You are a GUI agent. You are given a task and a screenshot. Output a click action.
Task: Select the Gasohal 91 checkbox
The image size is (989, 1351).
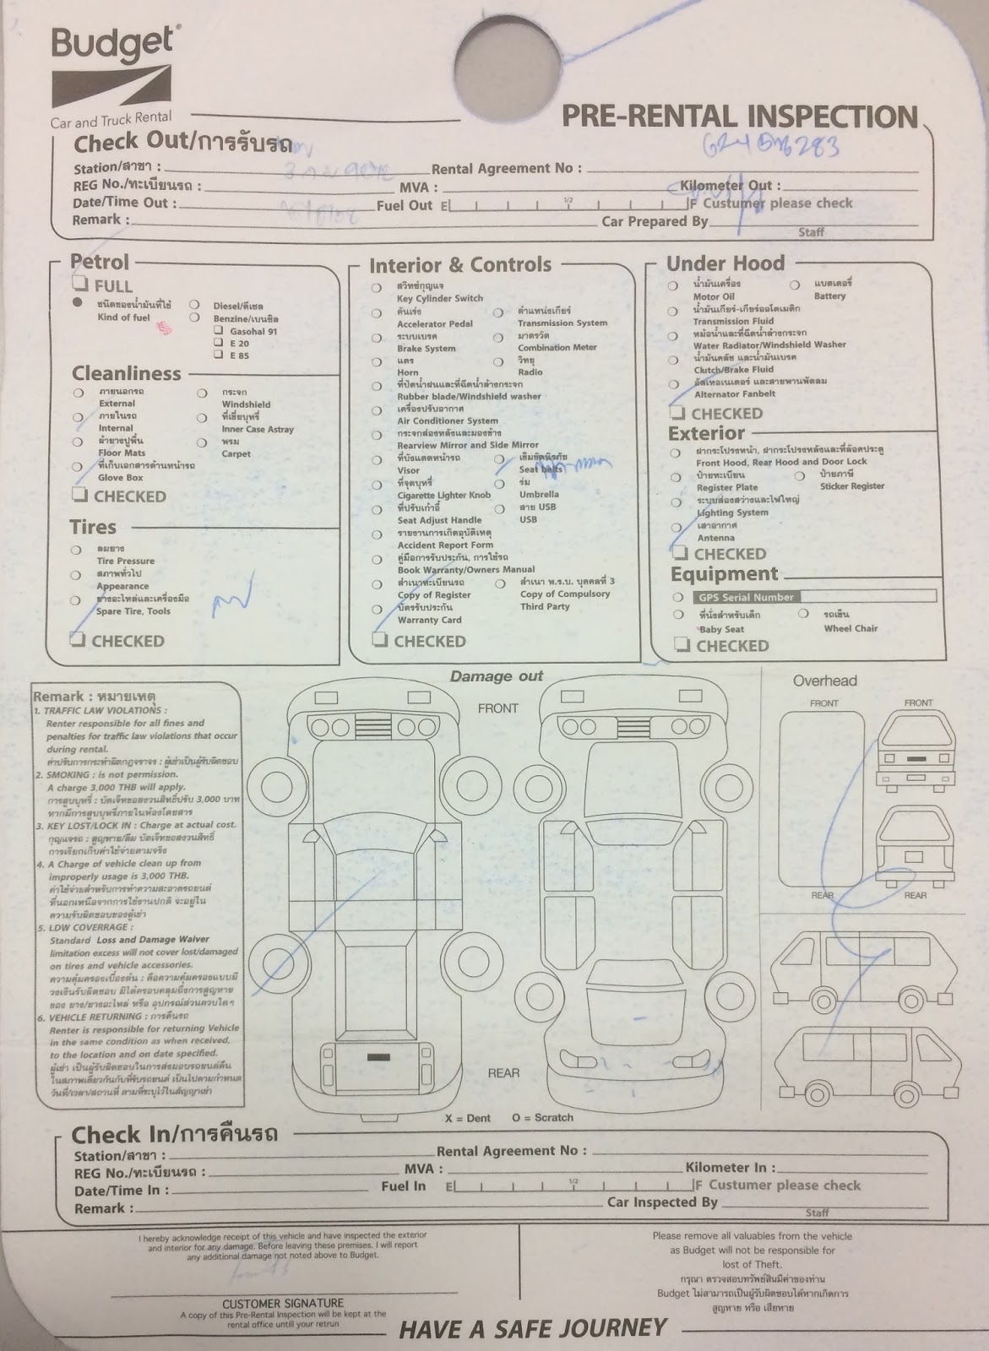point(218,332)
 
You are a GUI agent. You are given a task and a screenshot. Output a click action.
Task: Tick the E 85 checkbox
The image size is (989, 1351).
point(218,355)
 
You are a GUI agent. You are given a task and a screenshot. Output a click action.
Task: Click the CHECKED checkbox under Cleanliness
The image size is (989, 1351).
point(80,495)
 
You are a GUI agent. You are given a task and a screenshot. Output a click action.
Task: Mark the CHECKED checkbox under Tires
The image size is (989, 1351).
point(79,640)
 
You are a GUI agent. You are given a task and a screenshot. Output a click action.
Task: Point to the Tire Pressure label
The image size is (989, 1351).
point(125,561)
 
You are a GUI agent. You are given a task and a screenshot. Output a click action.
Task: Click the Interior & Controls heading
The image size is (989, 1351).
point(459,265)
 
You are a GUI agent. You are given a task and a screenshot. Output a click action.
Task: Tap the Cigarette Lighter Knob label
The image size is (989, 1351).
point(443,495)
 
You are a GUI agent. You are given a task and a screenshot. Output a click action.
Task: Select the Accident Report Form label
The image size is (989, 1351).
point(445,545)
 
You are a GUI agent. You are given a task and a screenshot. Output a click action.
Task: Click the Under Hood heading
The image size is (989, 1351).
point(725,263)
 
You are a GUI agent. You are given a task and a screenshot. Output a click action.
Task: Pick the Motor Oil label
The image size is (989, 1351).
point(714,297)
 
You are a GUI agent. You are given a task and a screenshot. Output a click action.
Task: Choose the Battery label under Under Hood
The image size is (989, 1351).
point(829,296)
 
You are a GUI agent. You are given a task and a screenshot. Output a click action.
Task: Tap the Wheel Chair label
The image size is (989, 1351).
point(850,628)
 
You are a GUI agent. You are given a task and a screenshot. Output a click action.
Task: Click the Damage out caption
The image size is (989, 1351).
point(496,676)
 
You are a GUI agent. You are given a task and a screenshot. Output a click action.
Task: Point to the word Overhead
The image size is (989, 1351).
point(824,681)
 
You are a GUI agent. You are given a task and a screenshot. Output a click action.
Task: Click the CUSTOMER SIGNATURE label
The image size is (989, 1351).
point(283,1304)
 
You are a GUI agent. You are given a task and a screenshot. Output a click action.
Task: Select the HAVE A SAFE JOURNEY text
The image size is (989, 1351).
point(533,1329)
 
